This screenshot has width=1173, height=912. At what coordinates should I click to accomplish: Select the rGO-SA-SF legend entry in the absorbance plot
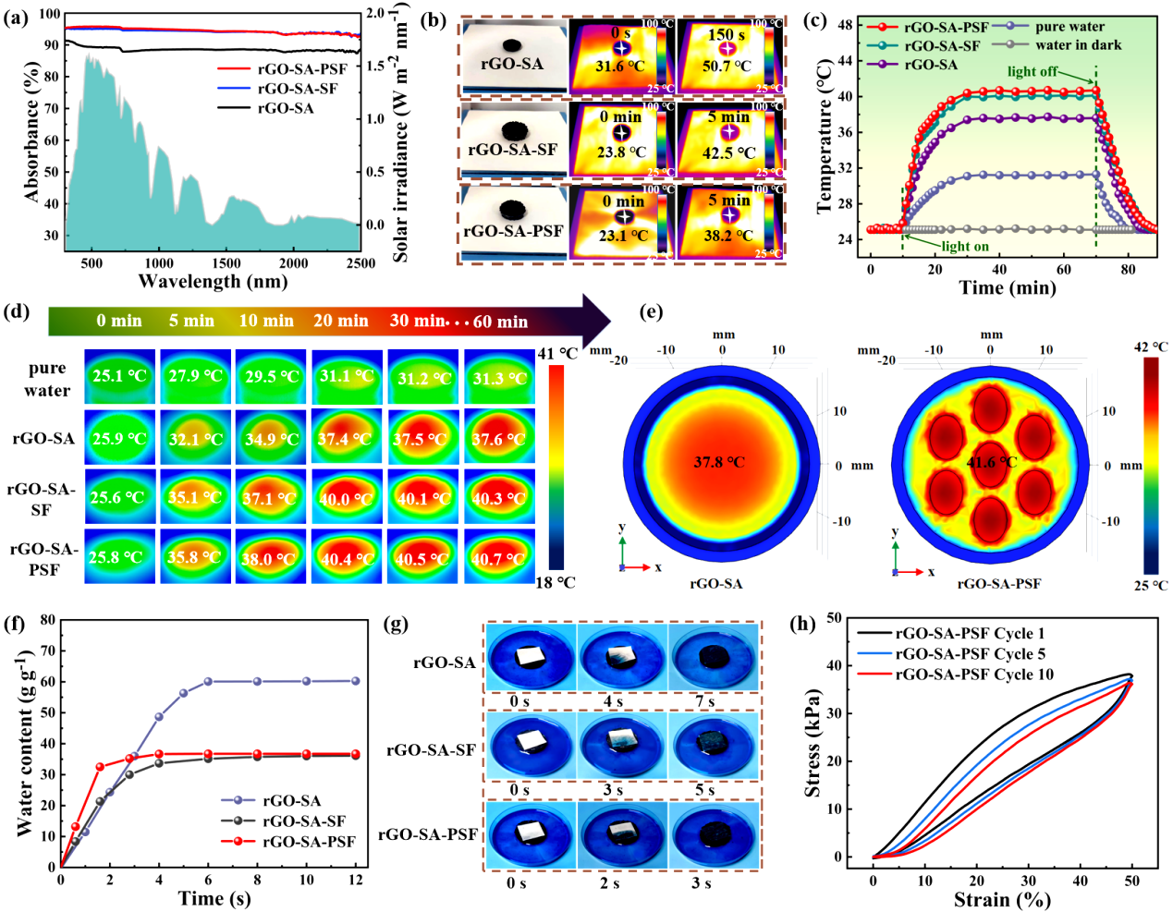297,89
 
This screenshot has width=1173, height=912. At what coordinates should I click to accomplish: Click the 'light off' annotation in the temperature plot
1032,71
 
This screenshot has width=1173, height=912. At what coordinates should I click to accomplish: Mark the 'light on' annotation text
965,247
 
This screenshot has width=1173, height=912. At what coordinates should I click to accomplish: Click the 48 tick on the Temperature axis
846,25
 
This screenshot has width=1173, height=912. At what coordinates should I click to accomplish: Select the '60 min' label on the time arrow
500,322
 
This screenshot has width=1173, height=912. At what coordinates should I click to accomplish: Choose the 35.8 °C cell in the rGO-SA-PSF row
195,557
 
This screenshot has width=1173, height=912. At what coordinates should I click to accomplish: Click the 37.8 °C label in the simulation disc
719,461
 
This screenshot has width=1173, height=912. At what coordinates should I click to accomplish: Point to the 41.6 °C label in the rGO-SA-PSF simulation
991,461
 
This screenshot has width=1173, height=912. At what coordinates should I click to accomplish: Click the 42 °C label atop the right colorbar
1150,347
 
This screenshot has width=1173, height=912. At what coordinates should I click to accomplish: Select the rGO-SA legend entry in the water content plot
291,801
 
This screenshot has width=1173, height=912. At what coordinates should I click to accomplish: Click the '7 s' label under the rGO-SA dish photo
705,701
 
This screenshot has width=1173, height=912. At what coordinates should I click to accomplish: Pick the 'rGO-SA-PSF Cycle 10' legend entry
974,675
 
